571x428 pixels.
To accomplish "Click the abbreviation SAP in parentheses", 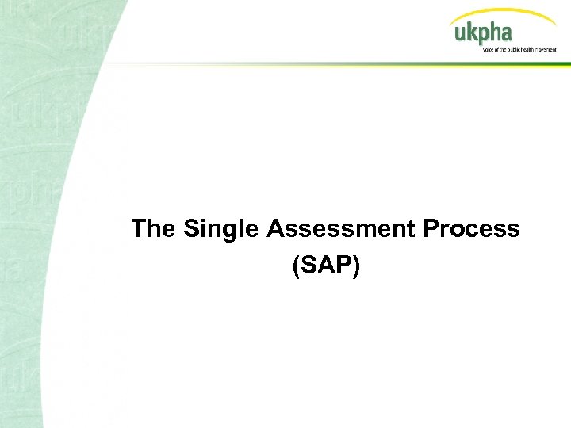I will click(x=326, y=266).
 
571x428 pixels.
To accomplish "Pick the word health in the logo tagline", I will click(x=526, y=49).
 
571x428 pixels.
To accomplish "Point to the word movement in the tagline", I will click(x=546, y=49).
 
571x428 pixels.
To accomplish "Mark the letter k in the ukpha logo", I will click(x=469, y=32).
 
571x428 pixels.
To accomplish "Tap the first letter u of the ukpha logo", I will click(x=459, y=35).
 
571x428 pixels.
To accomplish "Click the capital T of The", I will click(x=140, y=229).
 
